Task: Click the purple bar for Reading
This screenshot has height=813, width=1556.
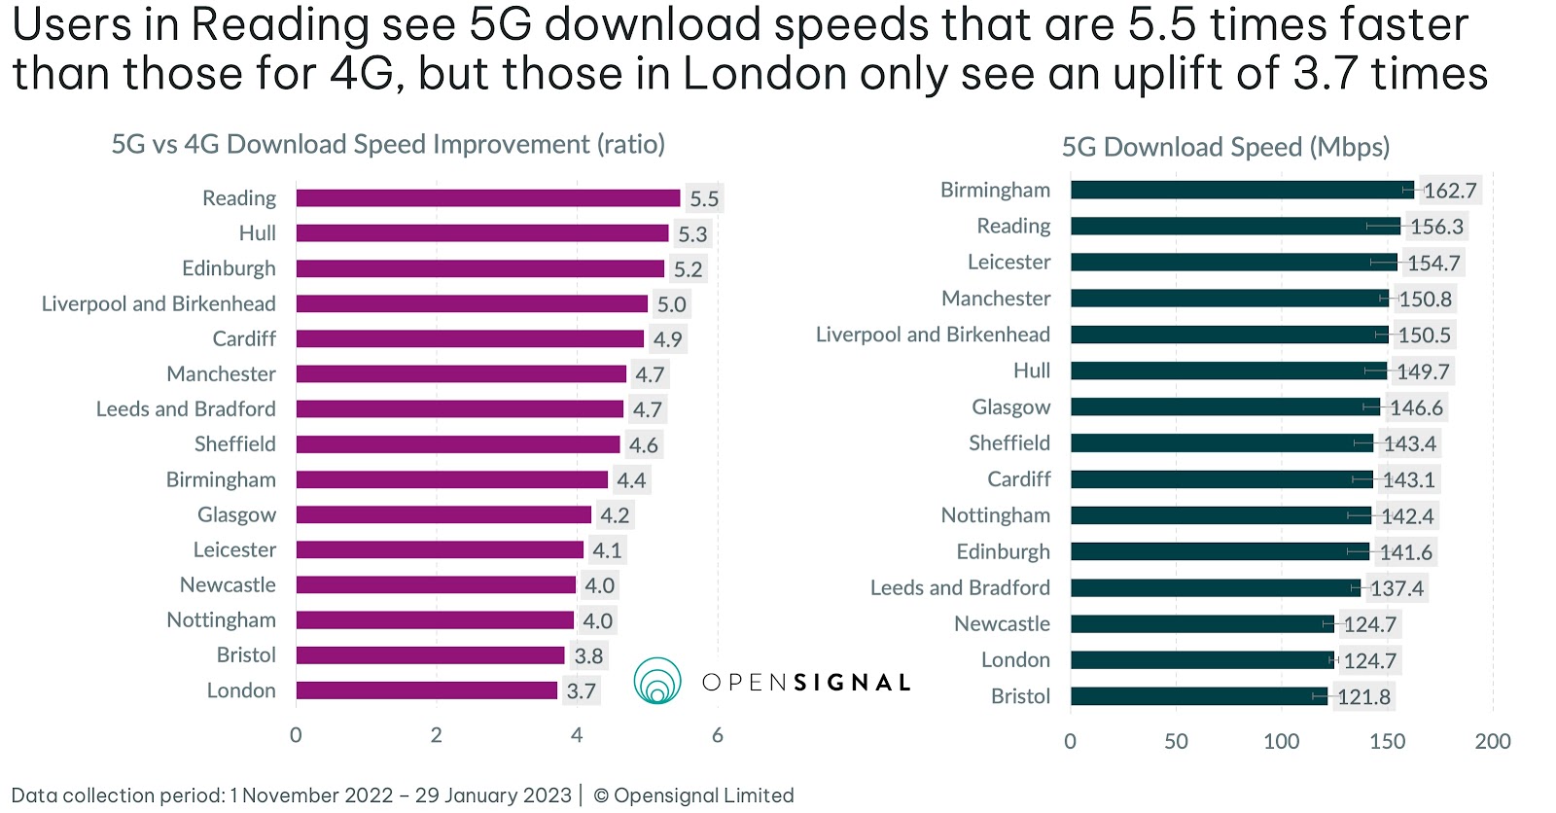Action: [487, 198]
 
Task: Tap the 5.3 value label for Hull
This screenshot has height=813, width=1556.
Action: [692, 234]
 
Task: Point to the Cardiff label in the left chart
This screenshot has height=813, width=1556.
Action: [244, 338]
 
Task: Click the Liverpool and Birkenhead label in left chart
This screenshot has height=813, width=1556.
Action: [159, 303]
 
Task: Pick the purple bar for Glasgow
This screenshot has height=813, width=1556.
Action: [443, 514]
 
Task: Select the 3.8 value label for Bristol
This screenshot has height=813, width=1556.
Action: [588, 656]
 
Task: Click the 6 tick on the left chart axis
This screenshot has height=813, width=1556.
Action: [718, 735]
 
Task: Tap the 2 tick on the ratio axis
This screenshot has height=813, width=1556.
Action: [437, 735]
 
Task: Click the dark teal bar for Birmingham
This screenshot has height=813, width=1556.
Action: [1242, 190]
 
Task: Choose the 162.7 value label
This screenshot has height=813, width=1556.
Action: [1450, 191]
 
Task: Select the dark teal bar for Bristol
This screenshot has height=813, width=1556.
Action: [1198, 696]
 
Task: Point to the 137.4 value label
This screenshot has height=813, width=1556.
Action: [1397, 588]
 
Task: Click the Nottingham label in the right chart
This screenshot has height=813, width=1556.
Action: [995, 515]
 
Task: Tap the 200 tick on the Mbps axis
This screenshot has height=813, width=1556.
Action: [1492, 741]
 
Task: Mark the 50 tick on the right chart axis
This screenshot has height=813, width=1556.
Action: [1176, 741]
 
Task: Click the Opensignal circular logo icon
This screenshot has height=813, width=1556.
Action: [657, 681]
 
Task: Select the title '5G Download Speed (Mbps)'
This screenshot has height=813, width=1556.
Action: [1225, 147]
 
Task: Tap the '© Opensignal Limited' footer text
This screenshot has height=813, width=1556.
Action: [693, 795]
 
